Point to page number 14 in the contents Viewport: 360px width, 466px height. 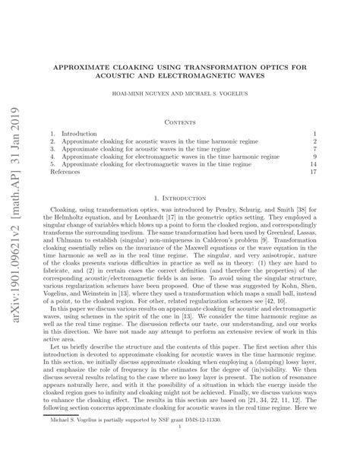(312, 163)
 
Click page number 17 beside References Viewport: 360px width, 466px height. (312, 173)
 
